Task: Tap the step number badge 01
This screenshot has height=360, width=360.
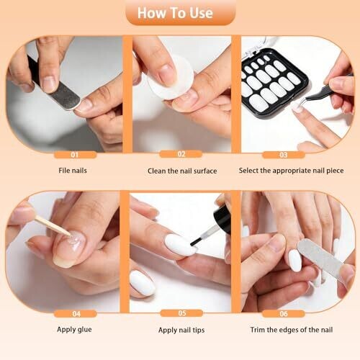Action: pyautogui.click(x=76, y=155)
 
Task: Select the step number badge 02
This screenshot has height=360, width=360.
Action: pyautogui.click(x=181, y=154)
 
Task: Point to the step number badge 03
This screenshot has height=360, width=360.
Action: pyautogui.click(x=284, y=155)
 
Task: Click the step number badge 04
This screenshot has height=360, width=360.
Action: pyautogui.click(x=76, y=314)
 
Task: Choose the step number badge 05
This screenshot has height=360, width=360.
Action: pyautogui.click(x=181, y=313)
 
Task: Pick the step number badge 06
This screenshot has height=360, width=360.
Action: pyautogui.click(x=284, y=314)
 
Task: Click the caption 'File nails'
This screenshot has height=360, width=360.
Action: pyautogui.click(x=73, y=171)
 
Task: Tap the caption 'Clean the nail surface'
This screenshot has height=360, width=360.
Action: pyautogui.click(x=182, y=171)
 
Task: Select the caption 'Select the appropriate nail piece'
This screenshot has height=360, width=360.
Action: pyautogui.click(x=291, y=171)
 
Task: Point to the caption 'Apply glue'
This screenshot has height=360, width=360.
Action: pyautogui.click(x=74, y=330)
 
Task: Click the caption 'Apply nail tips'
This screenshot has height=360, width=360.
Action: pyautogui.click(x=181, y=330)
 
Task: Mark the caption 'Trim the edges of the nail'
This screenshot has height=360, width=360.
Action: pyautogui.click(x=292, y=330)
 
